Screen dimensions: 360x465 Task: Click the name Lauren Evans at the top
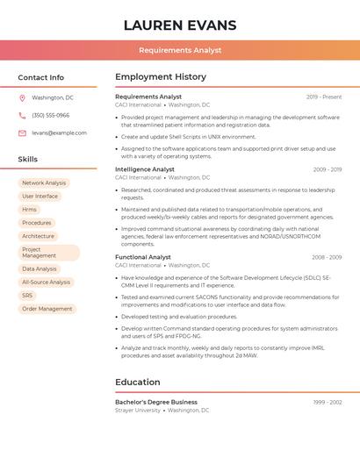coord(180,25)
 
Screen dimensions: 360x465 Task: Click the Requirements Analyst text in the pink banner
coord(180,50)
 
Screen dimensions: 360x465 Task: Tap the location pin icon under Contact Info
coord(22,97)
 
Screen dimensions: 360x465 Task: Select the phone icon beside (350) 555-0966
coord(22,115)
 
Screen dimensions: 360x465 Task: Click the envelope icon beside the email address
coord(22,132)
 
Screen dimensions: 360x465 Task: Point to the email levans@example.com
coord(59,132)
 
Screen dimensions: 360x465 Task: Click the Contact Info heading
coord(40,77)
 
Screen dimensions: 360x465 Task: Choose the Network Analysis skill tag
coord(44,182)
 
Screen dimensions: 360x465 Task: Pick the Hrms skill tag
coord(30,209)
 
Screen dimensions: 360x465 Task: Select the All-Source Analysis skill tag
coord(46,282)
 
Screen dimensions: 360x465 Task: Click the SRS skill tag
coord(28,296)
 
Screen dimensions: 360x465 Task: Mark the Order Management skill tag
coord(47,309)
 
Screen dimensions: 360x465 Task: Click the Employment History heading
coord(161,77)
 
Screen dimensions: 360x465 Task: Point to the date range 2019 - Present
coord(324,97)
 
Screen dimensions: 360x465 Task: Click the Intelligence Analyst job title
coord(145,169)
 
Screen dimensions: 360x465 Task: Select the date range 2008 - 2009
coord(327,257)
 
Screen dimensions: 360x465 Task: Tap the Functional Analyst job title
coord(143,257)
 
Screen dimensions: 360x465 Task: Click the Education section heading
coord(138,383)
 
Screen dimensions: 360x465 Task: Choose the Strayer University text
coord(138,410)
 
